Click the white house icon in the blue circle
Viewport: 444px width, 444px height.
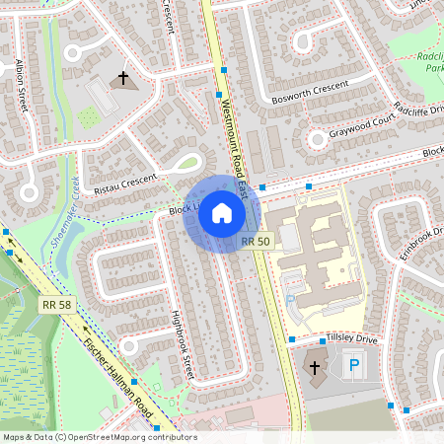(x=222, y=213)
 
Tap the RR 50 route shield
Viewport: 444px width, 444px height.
(x=256, y=241)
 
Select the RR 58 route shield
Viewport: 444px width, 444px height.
(x=56, y=306)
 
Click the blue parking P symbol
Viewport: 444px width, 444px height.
(x=352, y=367)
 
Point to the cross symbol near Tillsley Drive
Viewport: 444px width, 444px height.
(x=315, y=368)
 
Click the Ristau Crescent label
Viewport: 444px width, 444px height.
(x=125, y=182)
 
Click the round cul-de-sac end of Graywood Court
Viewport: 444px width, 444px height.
(x=318, y=139)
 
